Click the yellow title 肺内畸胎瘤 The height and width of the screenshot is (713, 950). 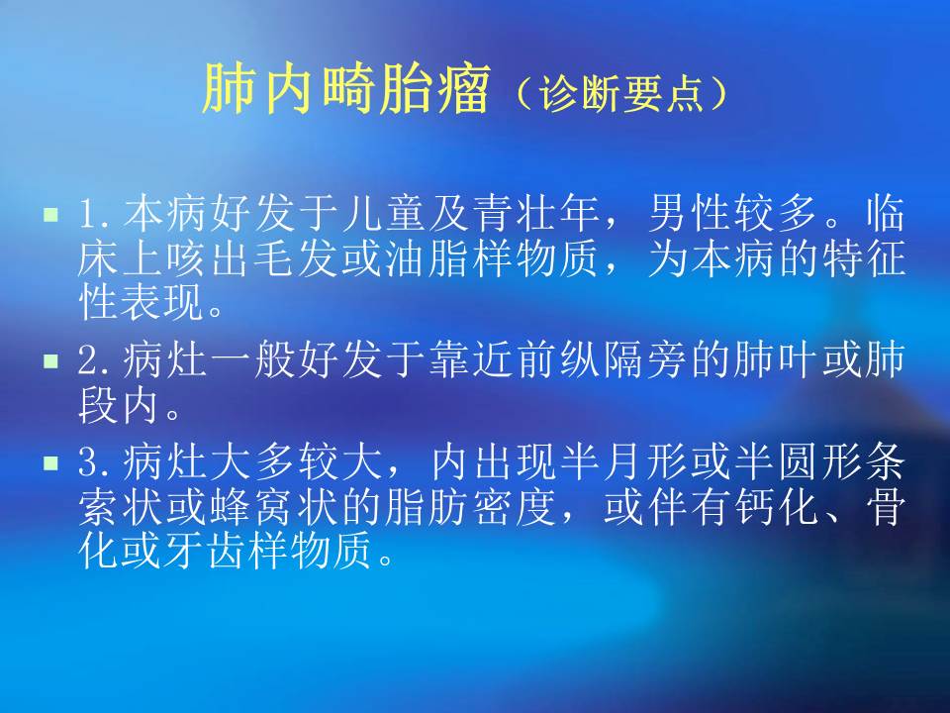[345, 92]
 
